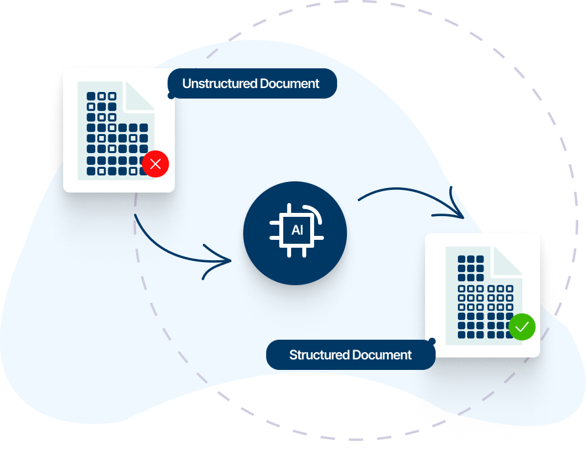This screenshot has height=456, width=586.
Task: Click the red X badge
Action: (x=156, y=164)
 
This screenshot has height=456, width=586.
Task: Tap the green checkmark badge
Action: (x=522, y=327)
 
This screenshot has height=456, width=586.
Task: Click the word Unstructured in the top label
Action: (x=214, y=83)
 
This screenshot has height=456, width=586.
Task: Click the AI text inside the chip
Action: (x=297, y=231)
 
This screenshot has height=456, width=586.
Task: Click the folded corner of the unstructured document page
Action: (x=139, y=96)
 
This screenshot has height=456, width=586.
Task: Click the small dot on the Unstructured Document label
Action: (x=171, y=96)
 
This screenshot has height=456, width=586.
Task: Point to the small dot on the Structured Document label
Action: (x=432, y=341)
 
